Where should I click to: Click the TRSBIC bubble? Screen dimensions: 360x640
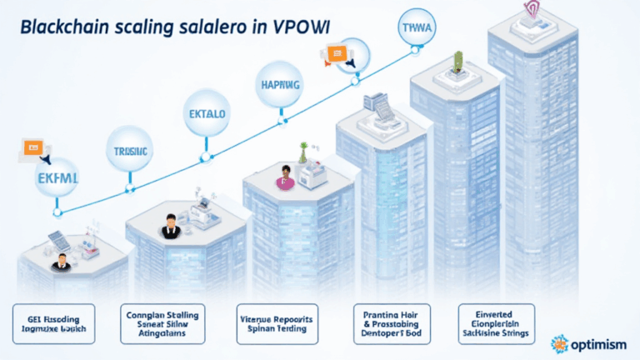(130, 152)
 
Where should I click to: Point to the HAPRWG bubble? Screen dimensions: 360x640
(279, 84)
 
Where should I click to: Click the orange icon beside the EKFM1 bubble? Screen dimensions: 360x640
(32, 149)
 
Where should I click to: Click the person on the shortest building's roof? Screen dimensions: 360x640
(59, 264)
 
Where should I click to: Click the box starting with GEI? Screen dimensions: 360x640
(52, 323)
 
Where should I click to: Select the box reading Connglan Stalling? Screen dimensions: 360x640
(163, 323)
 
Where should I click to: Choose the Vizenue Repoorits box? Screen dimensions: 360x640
(276, 323)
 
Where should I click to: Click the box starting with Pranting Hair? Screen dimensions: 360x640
(390, 323)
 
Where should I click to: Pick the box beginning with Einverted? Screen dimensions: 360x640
(497, 323)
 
